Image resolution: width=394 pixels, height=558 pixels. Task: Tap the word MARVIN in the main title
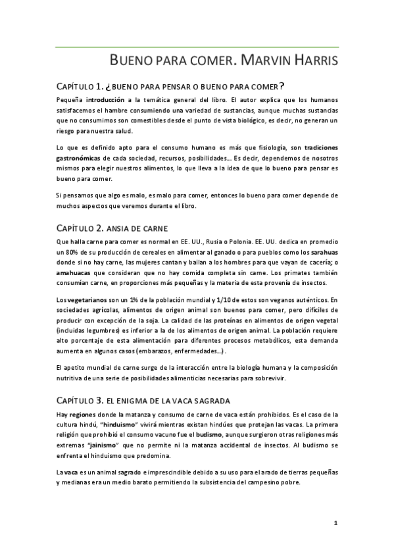tap(264, 62)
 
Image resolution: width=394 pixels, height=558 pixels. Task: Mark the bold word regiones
tap(83, 414)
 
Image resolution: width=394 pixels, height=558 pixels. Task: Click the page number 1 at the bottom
tap(335, 523)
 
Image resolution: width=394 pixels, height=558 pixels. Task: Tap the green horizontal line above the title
tap(197, 47)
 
